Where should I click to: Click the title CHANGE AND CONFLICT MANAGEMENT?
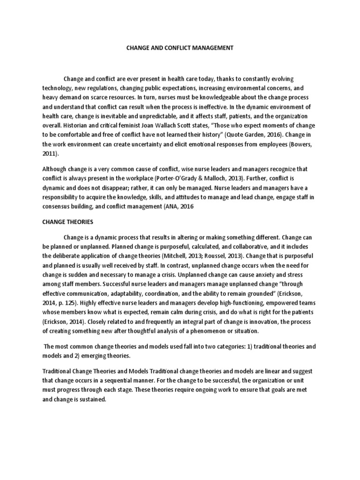(180, 47)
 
